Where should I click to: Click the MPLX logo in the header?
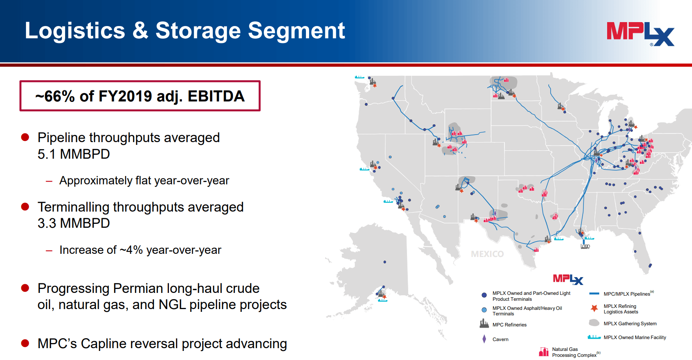tap(640, 34)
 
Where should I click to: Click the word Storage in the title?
tap(198, 31)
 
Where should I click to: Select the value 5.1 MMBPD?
tap(73, 154)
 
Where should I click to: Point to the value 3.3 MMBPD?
tap(73, 223)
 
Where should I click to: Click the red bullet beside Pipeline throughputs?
tap(25, 137)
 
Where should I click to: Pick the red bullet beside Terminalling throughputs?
tap(25, 207)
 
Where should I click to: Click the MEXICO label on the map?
tap(487, 254)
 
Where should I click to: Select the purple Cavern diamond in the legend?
tap(484, 339)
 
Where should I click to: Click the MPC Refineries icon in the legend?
tap(484, 324)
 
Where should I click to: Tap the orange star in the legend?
tap(594, 308)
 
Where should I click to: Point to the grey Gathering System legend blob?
tap(594, 323)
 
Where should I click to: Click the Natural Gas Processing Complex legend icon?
tap(544, 351)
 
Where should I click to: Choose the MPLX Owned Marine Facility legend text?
tap(635, 337)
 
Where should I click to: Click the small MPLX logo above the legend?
tap(568, 279)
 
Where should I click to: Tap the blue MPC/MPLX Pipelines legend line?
tap(594, 294)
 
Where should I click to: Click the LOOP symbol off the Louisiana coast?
tap(585, 246)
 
